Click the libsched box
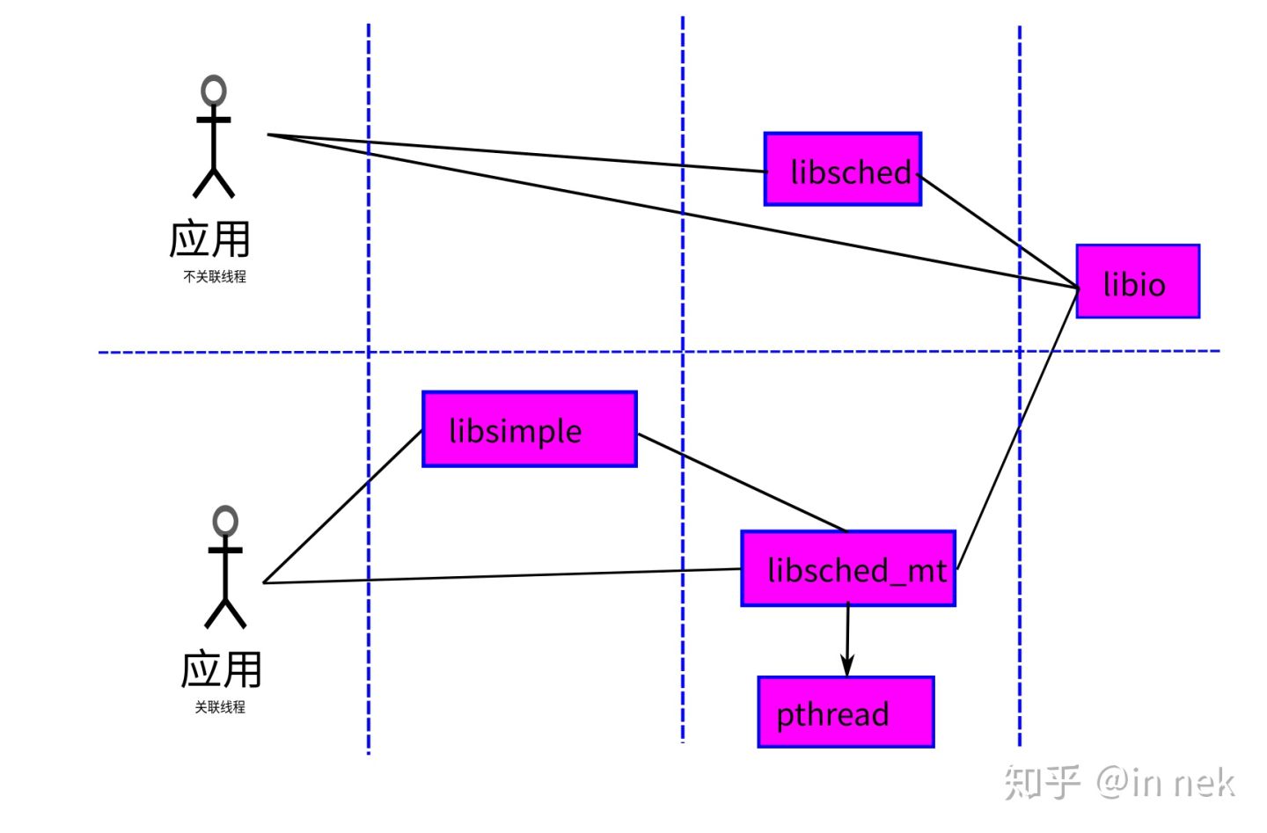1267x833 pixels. point(842,169)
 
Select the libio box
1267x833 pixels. point(1137,281)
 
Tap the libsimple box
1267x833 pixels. point(529,429)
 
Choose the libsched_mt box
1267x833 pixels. point(847,568)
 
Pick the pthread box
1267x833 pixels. point(845,712)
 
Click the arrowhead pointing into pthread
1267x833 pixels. point(847,666)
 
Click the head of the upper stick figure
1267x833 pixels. point(214,91)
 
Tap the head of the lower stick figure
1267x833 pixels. point(225,521)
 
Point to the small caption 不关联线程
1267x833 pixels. point(215,276)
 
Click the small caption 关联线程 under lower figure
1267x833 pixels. point(220,707)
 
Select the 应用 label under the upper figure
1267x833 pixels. point(210,239)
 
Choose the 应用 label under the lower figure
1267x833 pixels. point(222,669)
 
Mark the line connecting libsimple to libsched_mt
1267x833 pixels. point(741,482)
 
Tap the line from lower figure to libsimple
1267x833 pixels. point(343,507)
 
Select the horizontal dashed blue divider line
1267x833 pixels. point(528,352)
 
